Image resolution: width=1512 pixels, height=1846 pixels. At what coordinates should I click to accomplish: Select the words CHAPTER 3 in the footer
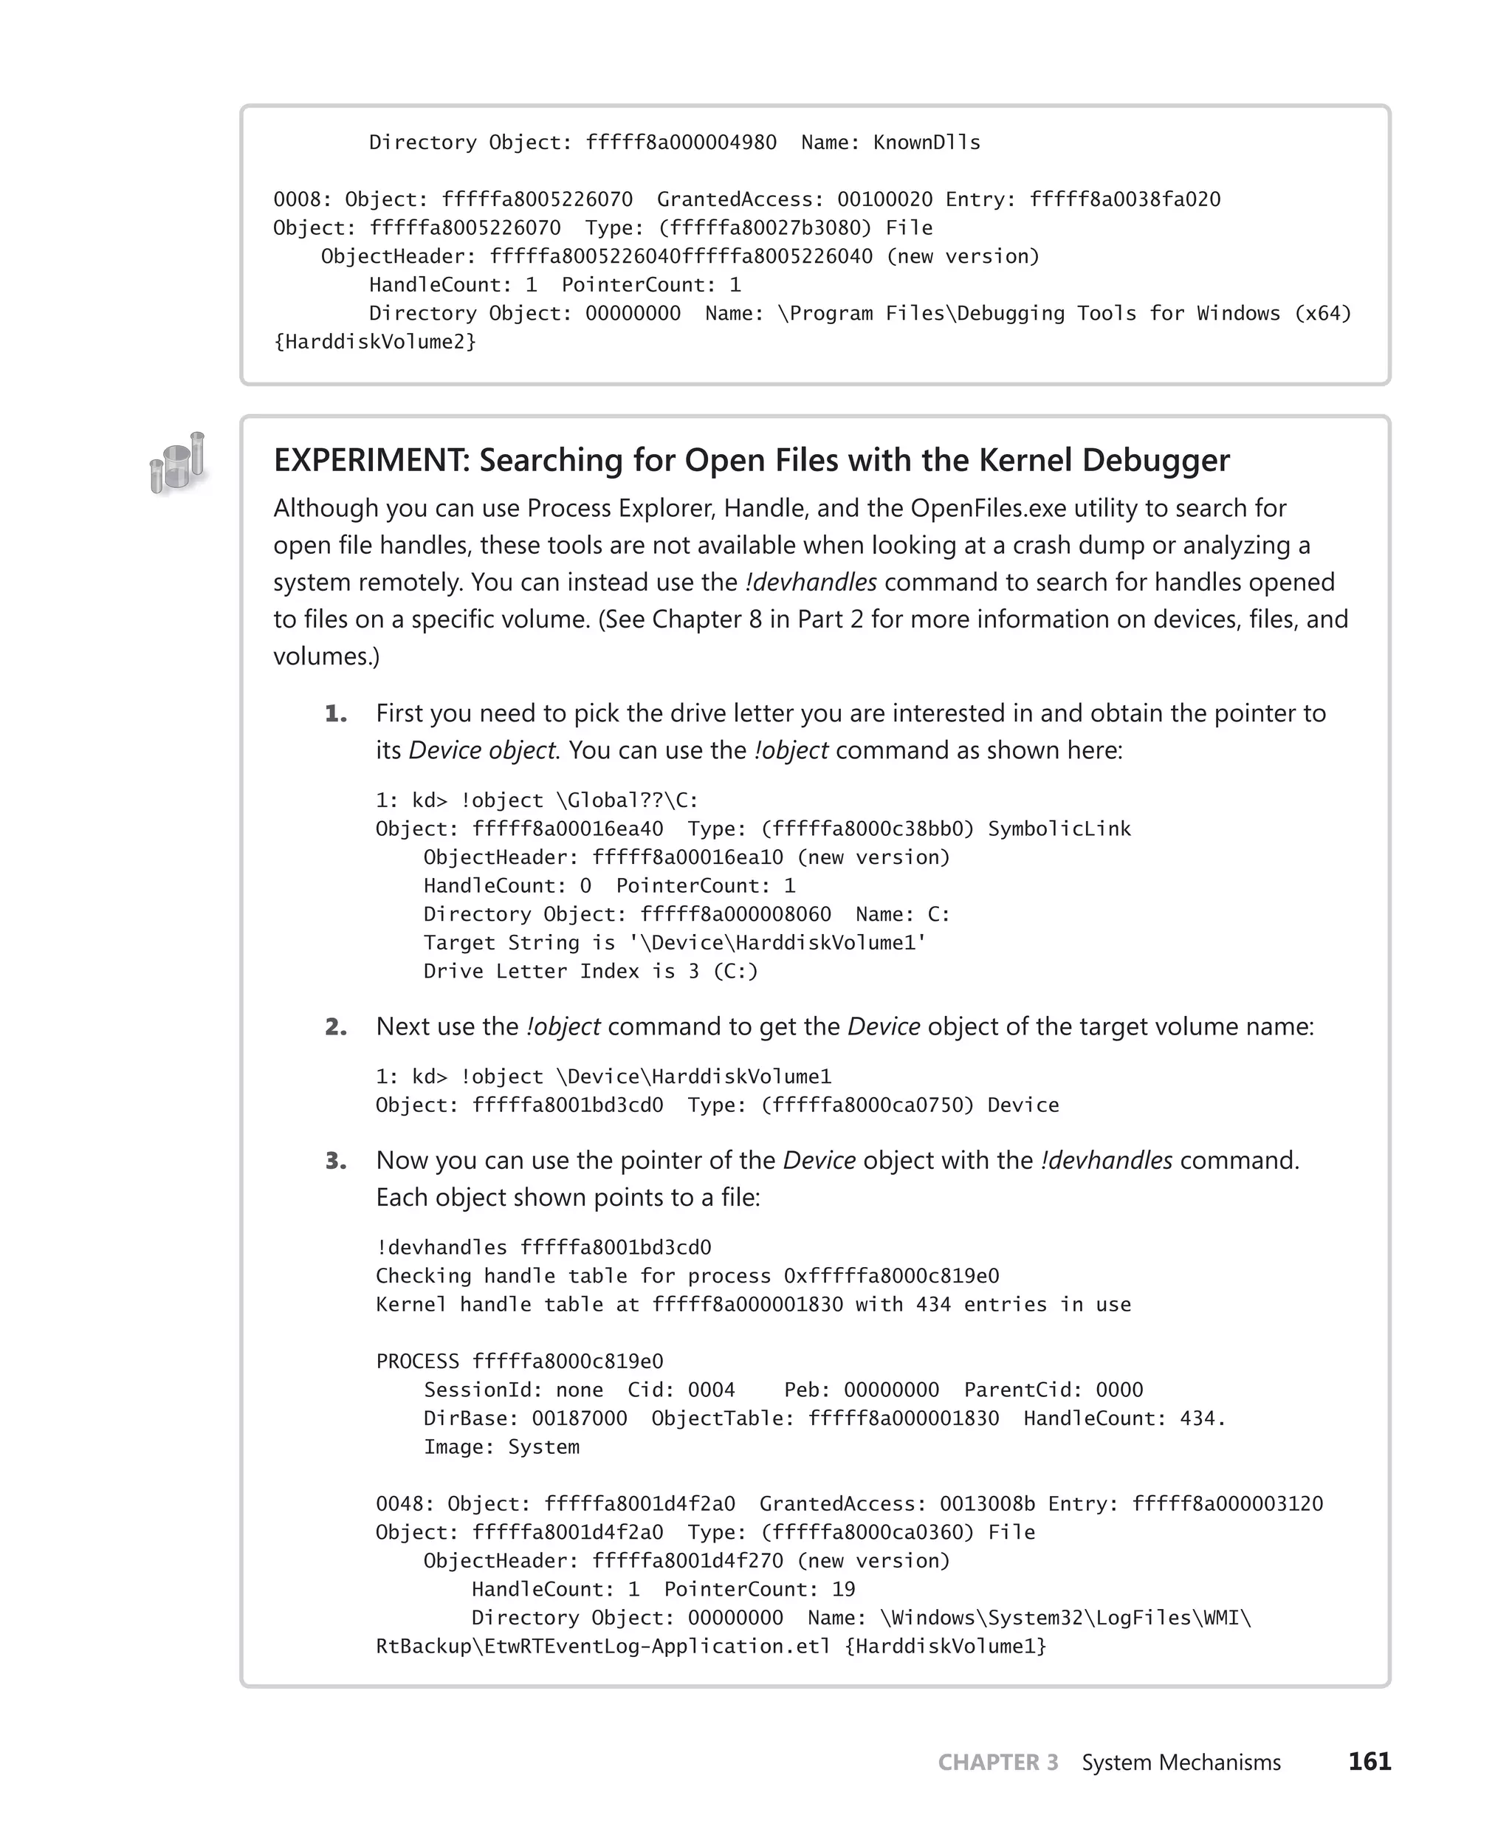click(997, 1762)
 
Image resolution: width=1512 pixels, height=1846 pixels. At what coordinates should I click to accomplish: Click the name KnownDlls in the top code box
click(926, 143)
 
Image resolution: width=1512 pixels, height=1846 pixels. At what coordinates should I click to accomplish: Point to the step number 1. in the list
click(335, 714)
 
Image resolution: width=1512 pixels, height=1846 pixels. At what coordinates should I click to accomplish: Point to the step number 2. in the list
click(335, 1027)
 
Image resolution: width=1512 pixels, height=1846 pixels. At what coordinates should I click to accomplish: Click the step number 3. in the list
click(335, 1162)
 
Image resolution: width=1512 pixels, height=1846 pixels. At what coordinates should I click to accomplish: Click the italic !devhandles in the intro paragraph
click(811, 582)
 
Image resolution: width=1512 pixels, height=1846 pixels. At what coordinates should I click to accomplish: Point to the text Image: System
click(501, 1447)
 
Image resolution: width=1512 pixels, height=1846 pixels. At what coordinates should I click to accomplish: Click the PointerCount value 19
click(843, 1589)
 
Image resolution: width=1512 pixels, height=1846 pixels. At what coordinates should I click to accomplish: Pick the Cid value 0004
click(711, 1390)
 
